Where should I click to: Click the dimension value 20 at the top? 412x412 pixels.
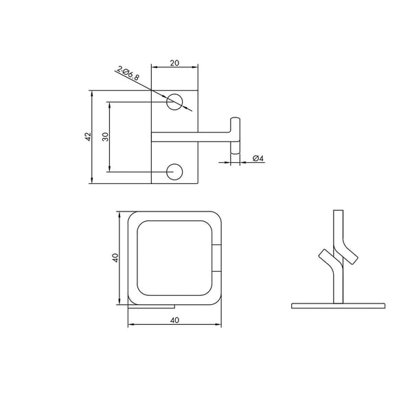click(174, 63)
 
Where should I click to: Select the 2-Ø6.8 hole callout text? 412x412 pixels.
click(128, 73)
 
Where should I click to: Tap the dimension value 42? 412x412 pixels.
click(89, 137)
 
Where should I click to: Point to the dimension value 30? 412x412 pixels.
click(105, 137)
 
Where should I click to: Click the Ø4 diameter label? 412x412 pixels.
click(257, 158)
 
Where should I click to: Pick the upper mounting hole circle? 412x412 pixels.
click(174, 102)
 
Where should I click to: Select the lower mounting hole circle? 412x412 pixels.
click(174, 172)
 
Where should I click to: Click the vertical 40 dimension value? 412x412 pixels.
click(115, 257)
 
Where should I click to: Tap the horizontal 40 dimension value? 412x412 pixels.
click(174, 320)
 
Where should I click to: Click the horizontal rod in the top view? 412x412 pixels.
click(191, 137)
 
